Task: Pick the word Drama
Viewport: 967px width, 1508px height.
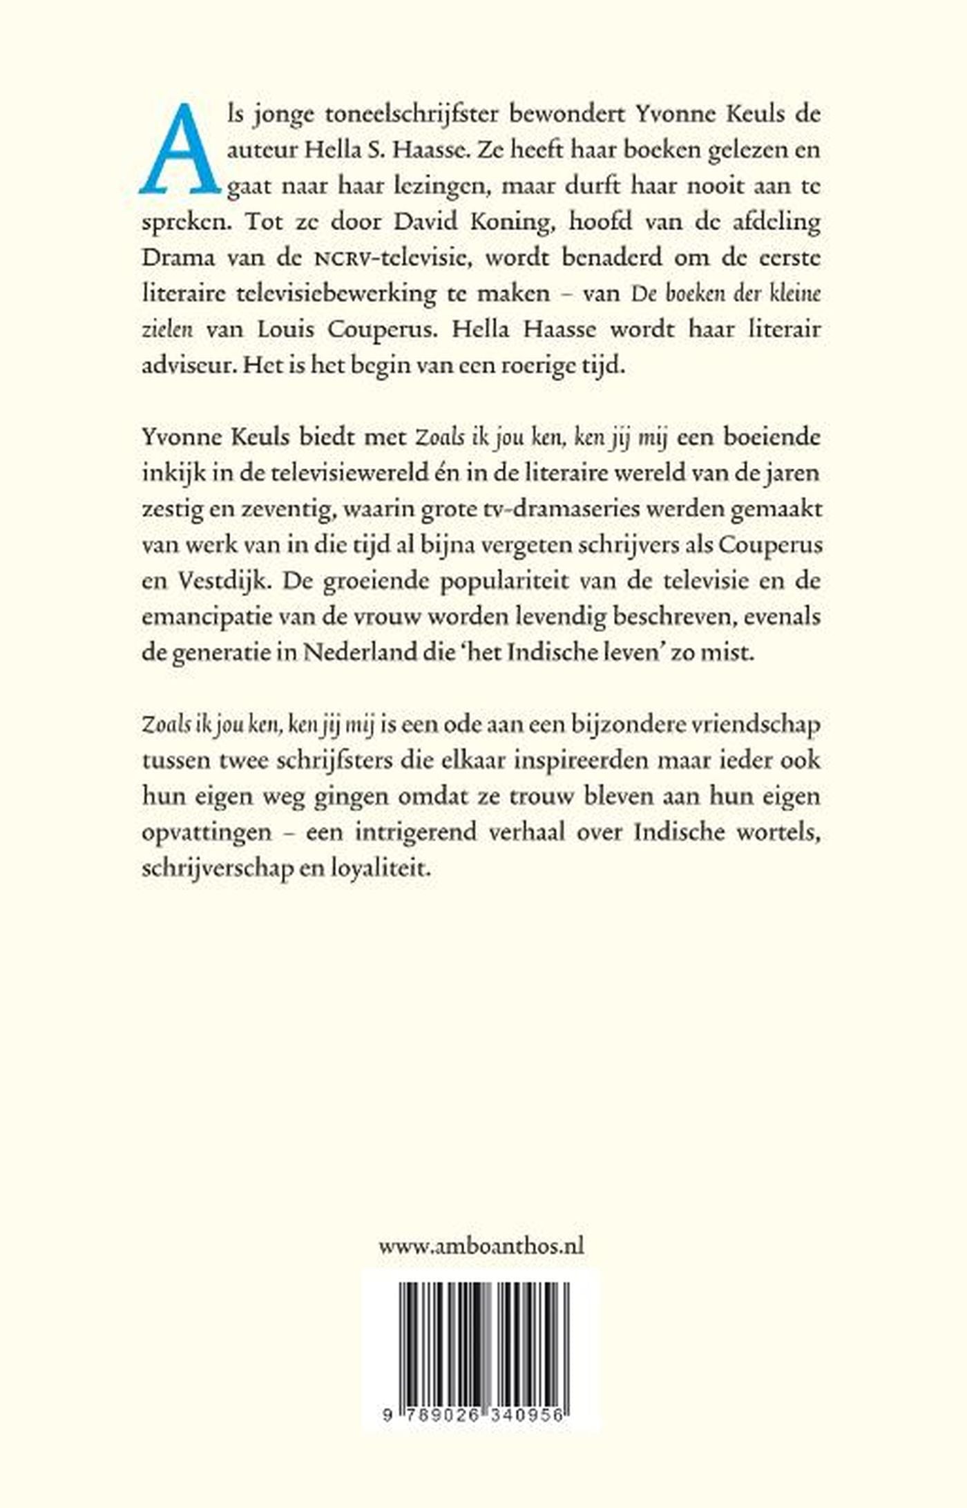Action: tap(178, 258)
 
